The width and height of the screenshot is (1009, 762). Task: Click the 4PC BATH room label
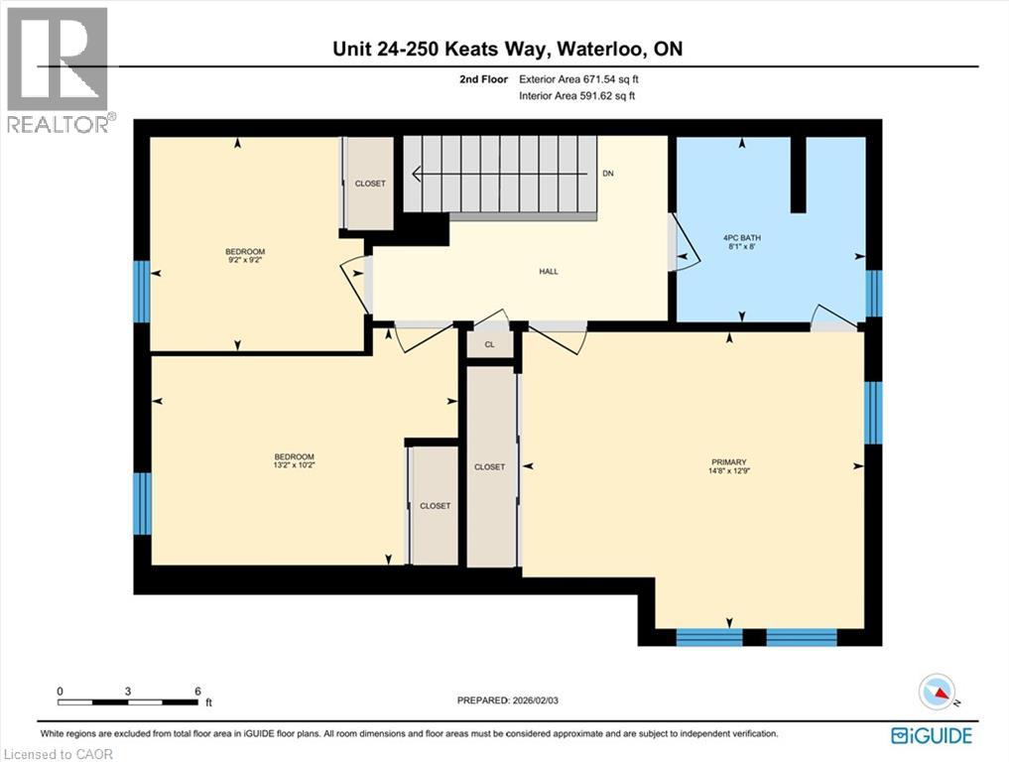click(x=742, y=237)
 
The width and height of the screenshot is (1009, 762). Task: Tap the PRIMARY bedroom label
click(x=729, y=462)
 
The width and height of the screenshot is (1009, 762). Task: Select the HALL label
click(x=549, y=272)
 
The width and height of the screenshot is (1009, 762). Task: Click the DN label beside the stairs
click(x=608, y=174)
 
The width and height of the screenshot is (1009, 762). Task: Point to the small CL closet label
click(x=490, y=345)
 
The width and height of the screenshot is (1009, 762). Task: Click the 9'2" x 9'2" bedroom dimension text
click(x=245, y=260)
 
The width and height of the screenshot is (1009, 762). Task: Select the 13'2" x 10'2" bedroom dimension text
click(x=294, y=464)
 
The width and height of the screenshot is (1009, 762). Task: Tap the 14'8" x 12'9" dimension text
click(x=730, y=470)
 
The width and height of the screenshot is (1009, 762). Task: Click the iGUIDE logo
click(x=932, y=735)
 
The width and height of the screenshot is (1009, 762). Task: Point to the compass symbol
click(x=938, y=692)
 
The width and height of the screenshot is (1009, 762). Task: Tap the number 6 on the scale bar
click(x=198, y=692)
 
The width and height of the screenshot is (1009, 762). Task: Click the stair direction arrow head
click(x=417, y=174)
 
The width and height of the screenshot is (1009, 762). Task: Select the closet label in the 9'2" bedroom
click(x=371, y=184)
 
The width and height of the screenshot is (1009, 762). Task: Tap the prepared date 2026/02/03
click(x=536, y=700)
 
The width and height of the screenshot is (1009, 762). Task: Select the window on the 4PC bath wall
click(x=874, y=294)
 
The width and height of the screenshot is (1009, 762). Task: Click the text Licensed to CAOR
click(x=58, y=754)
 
